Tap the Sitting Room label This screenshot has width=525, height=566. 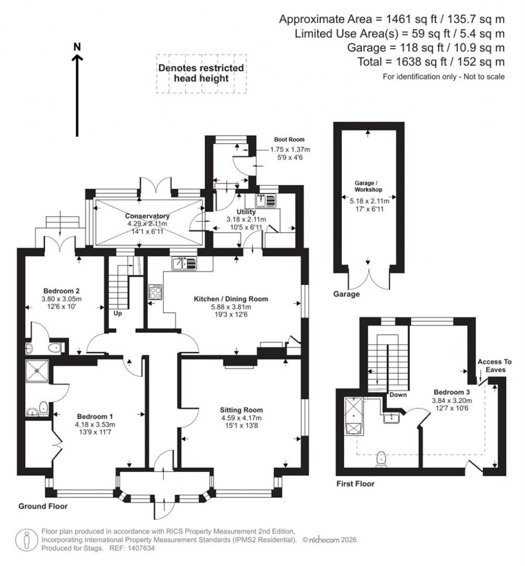click(241, 410)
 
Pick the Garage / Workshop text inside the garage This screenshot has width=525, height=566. click(368, 185)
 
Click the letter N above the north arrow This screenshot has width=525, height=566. click(77, 46)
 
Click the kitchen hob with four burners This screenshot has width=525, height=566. click(155, 292)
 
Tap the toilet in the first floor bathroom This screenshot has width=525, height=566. click(381, 459)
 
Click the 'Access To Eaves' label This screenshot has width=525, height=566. click(494, 365)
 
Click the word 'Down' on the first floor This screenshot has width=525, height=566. click(398, 395)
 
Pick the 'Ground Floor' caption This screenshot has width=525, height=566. click(43, 506)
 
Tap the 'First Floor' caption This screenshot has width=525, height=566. click(355, 483)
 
